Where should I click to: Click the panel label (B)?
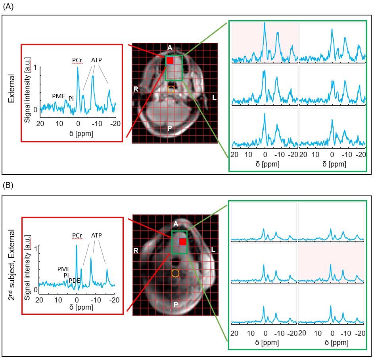click(x=8, y=185)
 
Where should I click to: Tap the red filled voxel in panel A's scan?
click(x=170, y=61)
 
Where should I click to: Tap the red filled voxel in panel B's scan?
click(x=182, y=242)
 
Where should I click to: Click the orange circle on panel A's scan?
click(x=171, y=89)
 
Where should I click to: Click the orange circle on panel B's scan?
click(x=175, y=273)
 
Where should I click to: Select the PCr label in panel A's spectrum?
click(x=77, y=60)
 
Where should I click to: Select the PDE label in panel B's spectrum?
click(x=74, y=281)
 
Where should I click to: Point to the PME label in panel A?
click(x=58, y=96)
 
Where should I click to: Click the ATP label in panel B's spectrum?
click(x=96, y=236)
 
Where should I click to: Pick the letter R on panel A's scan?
click(x=136, y=89)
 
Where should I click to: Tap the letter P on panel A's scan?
click(x=169, y=128)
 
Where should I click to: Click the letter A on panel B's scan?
click(x=176, y=224)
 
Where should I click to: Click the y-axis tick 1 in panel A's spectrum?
click(x=36, y=67)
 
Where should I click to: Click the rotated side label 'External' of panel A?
click(x=11, y=88)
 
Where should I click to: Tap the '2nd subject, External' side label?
click(x=11, y=265)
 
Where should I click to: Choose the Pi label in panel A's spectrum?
click(x=71, y=98)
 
